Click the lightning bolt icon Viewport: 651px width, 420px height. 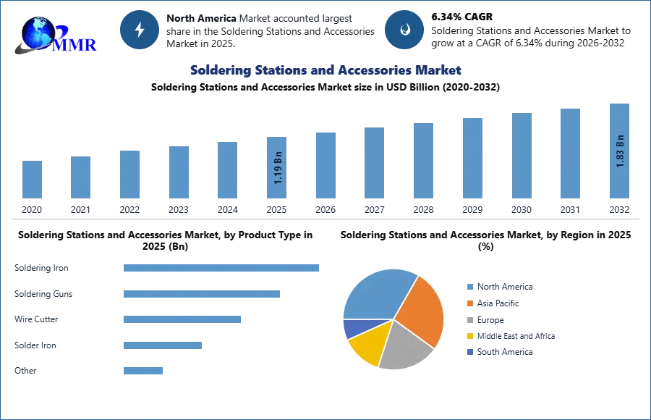click(140, 30)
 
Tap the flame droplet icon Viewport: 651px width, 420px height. click(404, 30)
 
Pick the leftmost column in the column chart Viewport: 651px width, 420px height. click(31, 179)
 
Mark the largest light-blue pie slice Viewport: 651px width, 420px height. click(376, 293)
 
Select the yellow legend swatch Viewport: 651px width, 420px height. click(469, 337)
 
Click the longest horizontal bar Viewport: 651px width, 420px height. click(222, 267)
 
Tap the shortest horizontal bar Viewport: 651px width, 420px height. click(144, 371)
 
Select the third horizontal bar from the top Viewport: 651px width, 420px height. click(182, 319)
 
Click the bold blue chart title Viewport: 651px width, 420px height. click(324, 70)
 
